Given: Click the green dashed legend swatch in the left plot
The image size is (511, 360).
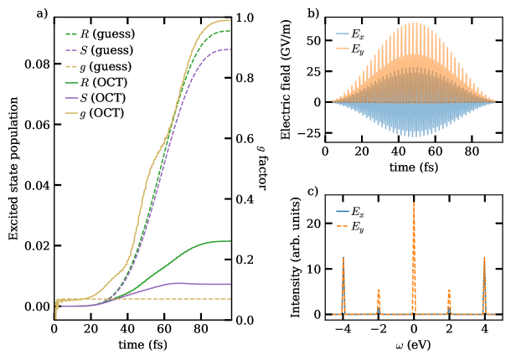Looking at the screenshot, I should pyautogui.click(x=71, y=34).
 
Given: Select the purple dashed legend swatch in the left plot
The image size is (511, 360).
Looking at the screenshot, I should pyautogui.click(x=71, y=50).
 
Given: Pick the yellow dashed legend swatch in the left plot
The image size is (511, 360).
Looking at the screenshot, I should pyautogui.click(x=71, y=66).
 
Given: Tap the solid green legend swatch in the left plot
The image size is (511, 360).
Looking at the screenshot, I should pyautogui.click(x=71, y=82).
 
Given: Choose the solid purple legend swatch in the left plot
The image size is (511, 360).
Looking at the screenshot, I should pyautogui.click(x=71, y=97).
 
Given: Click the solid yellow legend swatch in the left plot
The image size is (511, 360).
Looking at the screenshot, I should pyautogui.click(x=71, y=112).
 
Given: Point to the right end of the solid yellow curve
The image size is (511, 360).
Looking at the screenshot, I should pyautogui.click(x=230, y=20).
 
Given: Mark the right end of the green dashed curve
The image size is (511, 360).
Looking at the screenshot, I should pyautogui.click(x=230, y=31).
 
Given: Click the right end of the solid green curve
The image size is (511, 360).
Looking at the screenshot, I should pyautogui.click(x=230, y=241).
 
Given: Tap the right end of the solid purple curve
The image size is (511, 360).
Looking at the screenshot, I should pyautogui.click(x=230, y=285).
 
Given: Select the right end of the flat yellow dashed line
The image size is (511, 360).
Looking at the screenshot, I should pyautogui.click(x=230, y=299).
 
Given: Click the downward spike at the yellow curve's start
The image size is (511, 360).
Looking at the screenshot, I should pyautogui.click(x=56, y=317).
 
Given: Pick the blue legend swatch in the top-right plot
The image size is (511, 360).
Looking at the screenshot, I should pyautogui.click(x=342, y=34).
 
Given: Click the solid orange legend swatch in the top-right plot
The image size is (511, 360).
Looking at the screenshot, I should pyautogui.click(x=342, y=49).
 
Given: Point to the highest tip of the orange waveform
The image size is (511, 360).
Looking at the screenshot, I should pyautogui.click(x=414, y=23).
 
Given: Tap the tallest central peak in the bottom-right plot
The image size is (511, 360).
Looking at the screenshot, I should pyautogui.click(x=414, y=203).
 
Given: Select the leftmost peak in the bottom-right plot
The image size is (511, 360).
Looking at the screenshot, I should pyautogui.click(x=343, y=257).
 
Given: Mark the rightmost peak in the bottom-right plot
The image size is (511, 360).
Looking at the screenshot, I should pyautogui.click(x=484, y=257).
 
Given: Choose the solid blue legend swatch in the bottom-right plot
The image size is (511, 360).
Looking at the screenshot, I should pyautogui.click(x=342, y=211).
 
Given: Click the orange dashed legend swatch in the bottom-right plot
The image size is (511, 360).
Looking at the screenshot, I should pyautogui.click(x=342, y=226).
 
